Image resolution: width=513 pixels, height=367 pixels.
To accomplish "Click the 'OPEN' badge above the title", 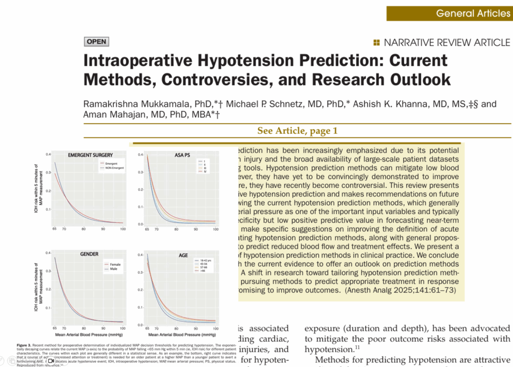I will point(96,42).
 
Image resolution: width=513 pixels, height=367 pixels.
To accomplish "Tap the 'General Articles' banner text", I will point(473,13).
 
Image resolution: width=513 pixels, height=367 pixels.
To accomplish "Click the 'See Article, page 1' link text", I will point(297,131).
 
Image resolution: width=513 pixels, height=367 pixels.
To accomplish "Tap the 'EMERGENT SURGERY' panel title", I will point(90,155).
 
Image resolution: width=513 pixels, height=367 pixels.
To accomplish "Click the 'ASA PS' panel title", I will point(182,155).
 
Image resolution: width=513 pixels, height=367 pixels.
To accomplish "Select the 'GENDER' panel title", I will point(89,254).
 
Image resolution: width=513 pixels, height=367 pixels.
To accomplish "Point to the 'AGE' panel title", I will point(183,255).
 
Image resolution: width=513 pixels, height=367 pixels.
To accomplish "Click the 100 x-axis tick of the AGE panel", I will point(215,327).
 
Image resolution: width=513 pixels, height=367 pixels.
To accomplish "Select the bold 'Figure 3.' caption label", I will point(24,345).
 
